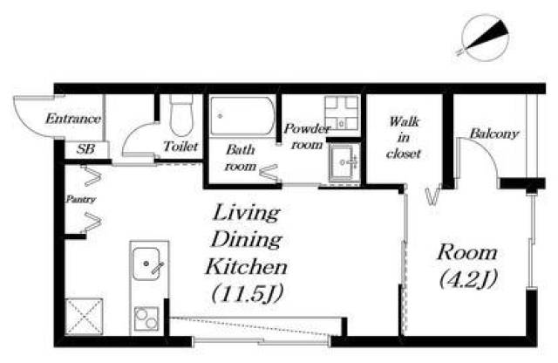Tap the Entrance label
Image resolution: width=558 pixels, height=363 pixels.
pyautogui.click(x=73, y=119)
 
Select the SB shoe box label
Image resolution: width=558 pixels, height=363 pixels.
pyautogui.click(x=85, y=149)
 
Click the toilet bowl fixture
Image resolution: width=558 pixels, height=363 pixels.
pyautogui.click(x=181, y=115)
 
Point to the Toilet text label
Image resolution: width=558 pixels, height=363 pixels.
pyautogui.click(x=180, y=146)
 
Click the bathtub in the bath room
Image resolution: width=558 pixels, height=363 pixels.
pyautogui.click(x=242, y=116)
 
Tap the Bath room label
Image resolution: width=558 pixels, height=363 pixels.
pyautogui.click(x=241, y=158)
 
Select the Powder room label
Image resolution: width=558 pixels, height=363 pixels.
pyautogui.click(x=307, y=136)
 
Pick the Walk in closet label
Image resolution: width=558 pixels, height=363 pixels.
pyautogui.click(x=404, y=138)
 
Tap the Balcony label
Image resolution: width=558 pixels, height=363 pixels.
pyautogui.click(x=494, y=134)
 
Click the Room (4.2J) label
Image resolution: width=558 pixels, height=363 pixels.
pyautogui.click(x=467, y=266)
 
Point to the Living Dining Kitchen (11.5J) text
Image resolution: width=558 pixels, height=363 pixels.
pyautogui.click(x=247, y=253)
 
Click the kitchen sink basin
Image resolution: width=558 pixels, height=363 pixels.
pyautogui.click(x=146, y=264)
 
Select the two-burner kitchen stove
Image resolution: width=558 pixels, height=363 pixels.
pyautogui.click(x=146, y=318)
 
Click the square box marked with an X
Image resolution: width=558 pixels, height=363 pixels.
pyautogui.click(x=84, y=317)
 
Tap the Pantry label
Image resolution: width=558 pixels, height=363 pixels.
pyautogui.click(x=81, y=199)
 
